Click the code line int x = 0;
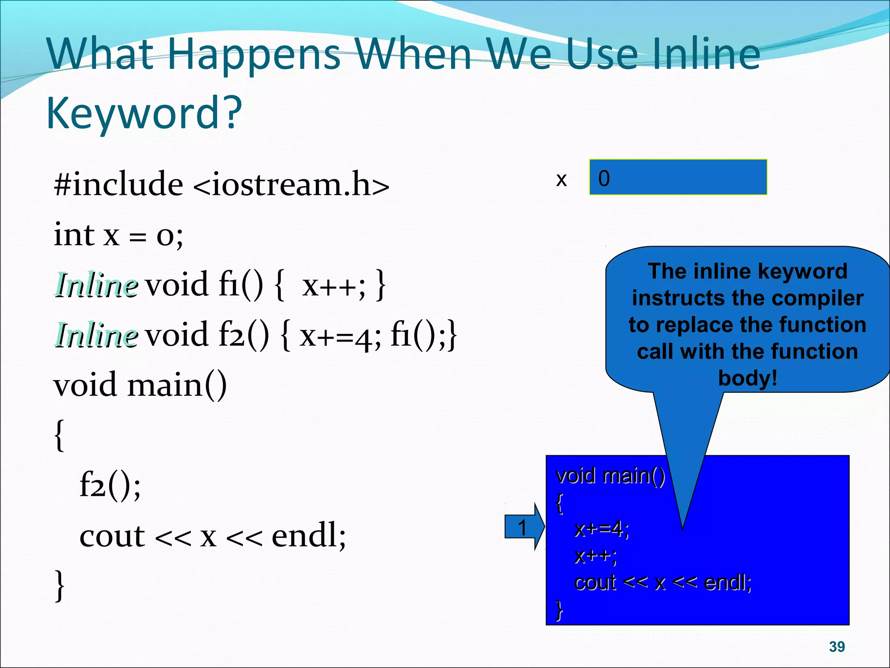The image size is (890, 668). tap(118, 235)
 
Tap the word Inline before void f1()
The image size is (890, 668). tap(96, 285)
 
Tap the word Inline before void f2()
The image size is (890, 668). tap(96, 335)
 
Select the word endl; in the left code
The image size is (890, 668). tap(309, 536)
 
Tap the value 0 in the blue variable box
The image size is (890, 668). tap(604, 178)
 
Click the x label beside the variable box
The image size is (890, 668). tap(561, 179)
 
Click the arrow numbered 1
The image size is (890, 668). tap(524, 527)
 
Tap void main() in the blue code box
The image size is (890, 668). tap(610, 475)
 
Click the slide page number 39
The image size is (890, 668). tap(837, 647)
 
